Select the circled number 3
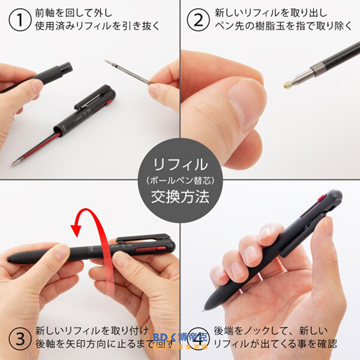[19, 338]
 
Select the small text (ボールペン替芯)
[180, 181]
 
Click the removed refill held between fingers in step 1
[129, 72]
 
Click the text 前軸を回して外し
[73, 12]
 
